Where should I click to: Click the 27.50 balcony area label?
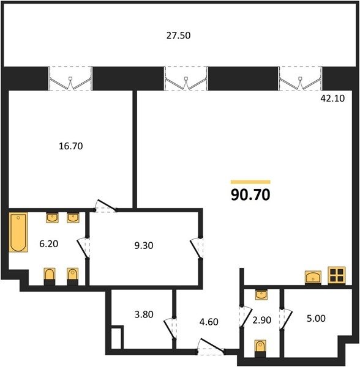tap(179, 35)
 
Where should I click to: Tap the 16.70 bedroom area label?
tap(71, 146)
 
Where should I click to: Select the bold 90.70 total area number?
tap(250, 195)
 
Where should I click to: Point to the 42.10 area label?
tap(332, 98)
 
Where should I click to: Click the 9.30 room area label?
tap(144, 245)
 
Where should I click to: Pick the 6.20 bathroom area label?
tap(49, 244)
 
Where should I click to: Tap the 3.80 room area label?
tap(144, 314)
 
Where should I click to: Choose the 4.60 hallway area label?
tap(209, 322)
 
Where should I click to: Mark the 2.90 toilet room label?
tap(262, 320)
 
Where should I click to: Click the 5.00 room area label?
tap(316, 318)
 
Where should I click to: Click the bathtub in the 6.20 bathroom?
tap(18, 232)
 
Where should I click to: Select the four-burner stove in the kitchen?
tap(337, 275)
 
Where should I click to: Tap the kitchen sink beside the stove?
tap(313, 277)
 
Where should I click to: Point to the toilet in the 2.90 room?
tap(260, 349)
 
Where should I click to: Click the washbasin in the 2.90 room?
tap(261, 295)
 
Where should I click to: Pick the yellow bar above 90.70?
tap(250, 182)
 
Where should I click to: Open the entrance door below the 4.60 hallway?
tap(211, 346)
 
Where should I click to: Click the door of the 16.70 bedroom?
tap(106, 206)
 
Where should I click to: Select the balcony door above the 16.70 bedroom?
tap(70, 79)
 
